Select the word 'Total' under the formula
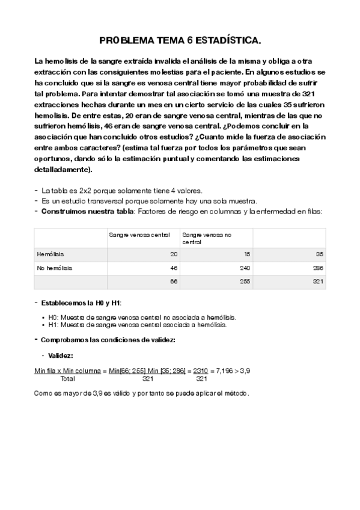pyautogui.click(x=68, y=379)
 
